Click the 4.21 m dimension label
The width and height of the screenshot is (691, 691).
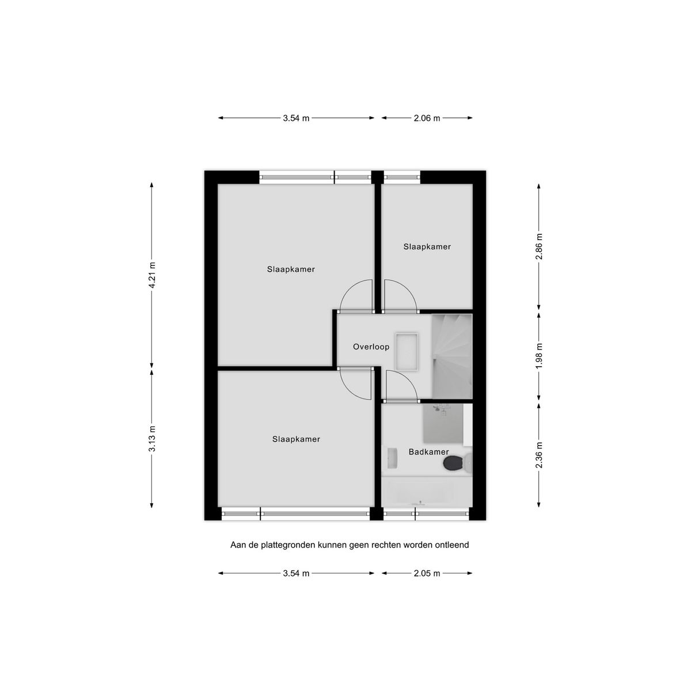(x=153, y=275)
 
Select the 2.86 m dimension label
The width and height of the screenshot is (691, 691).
(x=538, y=246)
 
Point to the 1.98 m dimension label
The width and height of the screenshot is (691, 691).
(x=538, y=356)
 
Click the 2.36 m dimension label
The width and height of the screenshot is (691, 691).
(x=538, y=455)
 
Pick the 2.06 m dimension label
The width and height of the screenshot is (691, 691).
(x=427, y=119)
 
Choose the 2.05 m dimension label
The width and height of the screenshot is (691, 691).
(x=427, y=574)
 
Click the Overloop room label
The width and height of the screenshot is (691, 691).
(x=371, y=347)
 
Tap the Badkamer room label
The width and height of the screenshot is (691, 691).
(x=428, y=452)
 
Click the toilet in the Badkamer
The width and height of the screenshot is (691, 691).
(x=457, y=464)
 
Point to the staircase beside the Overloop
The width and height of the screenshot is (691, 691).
(x=451, y=356)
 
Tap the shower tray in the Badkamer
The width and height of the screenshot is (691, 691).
(x=443, y=423)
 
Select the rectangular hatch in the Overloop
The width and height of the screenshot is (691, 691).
(x=407, y=352)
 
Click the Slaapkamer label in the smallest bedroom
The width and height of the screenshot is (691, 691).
(x=427, y=246)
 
